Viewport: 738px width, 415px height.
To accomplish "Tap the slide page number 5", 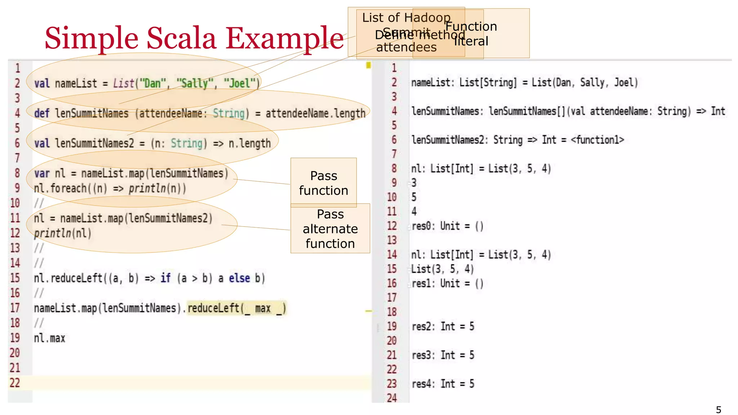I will click(719, 410).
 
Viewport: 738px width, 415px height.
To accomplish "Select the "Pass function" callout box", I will click(323, 183).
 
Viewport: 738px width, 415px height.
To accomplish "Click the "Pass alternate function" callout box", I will click(330, 228).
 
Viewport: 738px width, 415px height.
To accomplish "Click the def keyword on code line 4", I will click(41, 113).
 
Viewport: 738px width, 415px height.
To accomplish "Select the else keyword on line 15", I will click(239, 278).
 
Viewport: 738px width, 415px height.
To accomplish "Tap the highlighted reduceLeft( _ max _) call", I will click(236, 308).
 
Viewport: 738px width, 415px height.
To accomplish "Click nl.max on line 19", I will click(49, 338).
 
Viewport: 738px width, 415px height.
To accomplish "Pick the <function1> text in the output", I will click(597, 140).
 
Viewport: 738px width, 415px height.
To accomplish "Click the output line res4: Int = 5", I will click(443, 384).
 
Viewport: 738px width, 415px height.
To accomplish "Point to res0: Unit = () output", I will click(447, 226).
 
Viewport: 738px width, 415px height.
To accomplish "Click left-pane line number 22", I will click(15, 383).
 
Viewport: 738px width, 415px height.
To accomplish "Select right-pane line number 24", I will click(392, 398).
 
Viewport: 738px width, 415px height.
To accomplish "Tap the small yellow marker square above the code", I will click(368, 65).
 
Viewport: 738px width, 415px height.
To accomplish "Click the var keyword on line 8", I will click(42, 173).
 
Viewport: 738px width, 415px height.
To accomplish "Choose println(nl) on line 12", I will click(62, 233).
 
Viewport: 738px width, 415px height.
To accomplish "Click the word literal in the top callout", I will click(471, 41).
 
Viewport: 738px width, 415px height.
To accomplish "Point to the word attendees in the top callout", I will click(406, 47).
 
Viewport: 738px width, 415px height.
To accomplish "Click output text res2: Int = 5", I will click(443, 326).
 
